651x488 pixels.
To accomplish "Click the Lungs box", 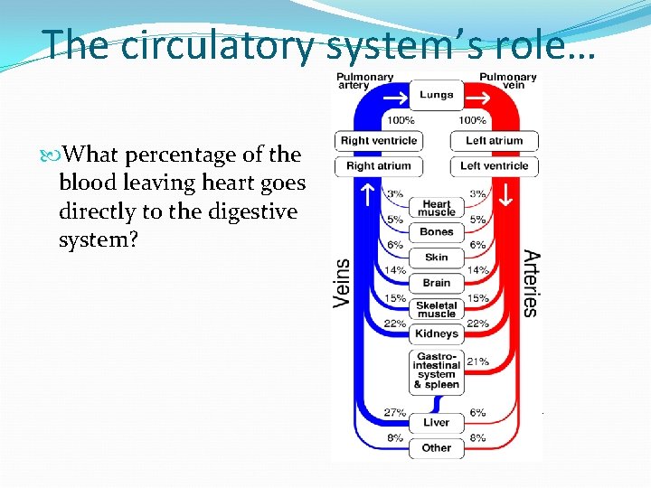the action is pyautogui.click(x=437, y=95).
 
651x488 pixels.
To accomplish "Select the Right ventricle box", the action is pyautogui.click(x=379, y=141).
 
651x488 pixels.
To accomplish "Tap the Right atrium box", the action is pyautogui.click(x=379, y=166).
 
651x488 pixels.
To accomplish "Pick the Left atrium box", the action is pyautogui.click(x=495, y=141).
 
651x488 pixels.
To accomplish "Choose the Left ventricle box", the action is pyautogui.click(x=495, y=166).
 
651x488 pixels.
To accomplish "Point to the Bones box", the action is pyautogui.click(x=437, y=233).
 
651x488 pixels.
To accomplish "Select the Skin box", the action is pyautogui.click(x=437, y=258).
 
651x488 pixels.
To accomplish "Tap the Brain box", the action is pyautogui.click(x=437, y=283).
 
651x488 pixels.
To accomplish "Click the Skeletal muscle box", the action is pyautogui.click(x=437, y=308).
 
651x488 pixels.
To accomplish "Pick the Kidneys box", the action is pyautogui.click(x=437, y=333).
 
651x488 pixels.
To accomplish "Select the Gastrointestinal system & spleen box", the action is pyautogui.click(x=437, y=371).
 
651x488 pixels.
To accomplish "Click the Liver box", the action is pyautogui.click(x=437, y=422).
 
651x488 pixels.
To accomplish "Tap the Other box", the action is pyautogui.click(x=437, y=447).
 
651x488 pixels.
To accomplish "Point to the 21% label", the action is pyautogui.click(x=478, y=361).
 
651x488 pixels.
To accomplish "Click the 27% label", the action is pyautogui.click(x=394, y=413).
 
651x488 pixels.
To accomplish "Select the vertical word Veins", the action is pyautogui.click(x=343, y=279).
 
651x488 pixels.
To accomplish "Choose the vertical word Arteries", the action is pyautogui.click(x=531, y=283).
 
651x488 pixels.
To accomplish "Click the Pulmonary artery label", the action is pyautogui.click(x=364, y=82).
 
